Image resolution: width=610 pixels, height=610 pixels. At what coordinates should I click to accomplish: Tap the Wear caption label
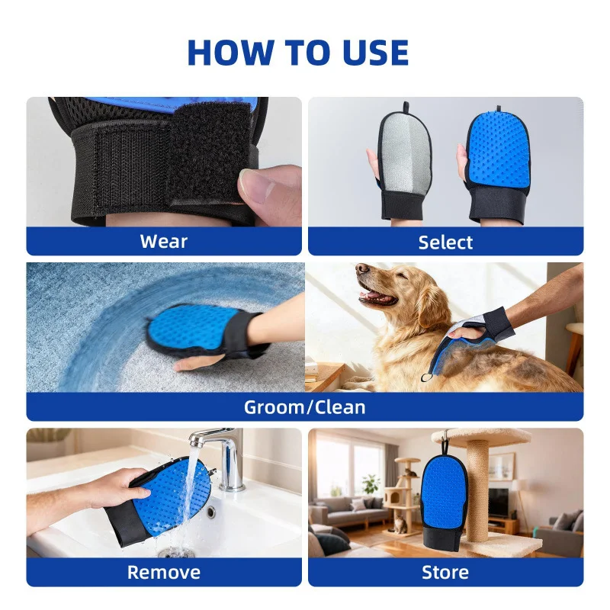click(x=164, y=241)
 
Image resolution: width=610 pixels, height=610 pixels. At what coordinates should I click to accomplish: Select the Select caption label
click(x=445, y=242)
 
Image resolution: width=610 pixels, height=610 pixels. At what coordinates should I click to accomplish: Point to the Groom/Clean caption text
click(x=304, y=407)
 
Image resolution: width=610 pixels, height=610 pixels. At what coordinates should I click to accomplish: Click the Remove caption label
click(x=164, y=573)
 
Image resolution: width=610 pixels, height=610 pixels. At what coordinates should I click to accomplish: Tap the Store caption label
click(x=445, y=573)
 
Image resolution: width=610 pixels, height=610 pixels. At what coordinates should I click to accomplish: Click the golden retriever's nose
click(x=363, y=269)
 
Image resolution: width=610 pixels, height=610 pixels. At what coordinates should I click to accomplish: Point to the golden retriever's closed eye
click(x=402, y=277)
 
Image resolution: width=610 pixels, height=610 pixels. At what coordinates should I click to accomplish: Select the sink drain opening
click(x=211, y=512)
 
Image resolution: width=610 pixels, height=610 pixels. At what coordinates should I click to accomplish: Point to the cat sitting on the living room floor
click(x=400, y=524)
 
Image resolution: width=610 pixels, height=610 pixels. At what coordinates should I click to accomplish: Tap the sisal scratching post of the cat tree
click(x=477, y=490)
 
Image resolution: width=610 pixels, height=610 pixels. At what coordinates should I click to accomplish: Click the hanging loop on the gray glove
click(x=406, y=108)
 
